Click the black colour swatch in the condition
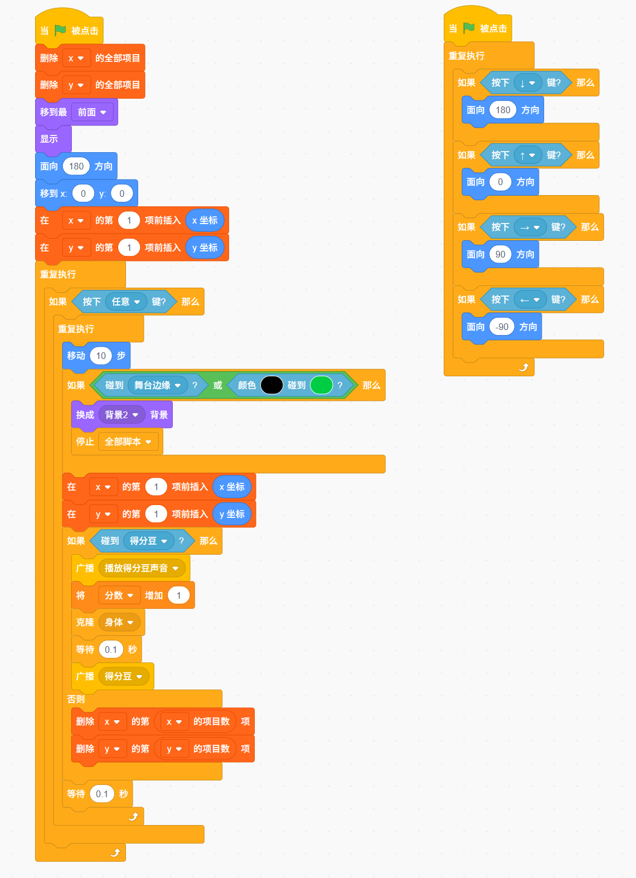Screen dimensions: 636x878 (271, 385)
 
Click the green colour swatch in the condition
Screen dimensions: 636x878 (321, 385)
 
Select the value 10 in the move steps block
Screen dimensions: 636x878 (101, 356)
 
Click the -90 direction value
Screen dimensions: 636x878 (502, 327)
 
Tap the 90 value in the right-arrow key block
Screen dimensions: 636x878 (500, 254)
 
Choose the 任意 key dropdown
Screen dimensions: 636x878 (126, 302)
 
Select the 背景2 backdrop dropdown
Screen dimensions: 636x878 (122, 415)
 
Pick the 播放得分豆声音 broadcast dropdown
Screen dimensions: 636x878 (142, 568)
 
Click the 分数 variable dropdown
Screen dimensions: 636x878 (119, 595)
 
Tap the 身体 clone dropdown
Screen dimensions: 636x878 (119, 622)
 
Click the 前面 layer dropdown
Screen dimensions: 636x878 (92, 112)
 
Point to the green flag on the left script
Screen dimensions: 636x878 (60, 30)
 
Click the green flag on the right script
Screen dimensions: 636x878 (469, 28)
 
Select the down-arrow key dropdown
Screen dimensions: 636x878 (527, 83)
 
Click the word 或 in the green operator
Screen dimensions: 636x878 (217, 385)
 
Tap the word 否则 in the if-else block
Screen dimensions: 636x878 (76, 699)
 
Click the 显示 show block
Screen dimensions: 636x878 (53, 139)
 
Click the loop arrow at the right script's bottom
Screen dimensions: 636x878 (524, 367)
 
